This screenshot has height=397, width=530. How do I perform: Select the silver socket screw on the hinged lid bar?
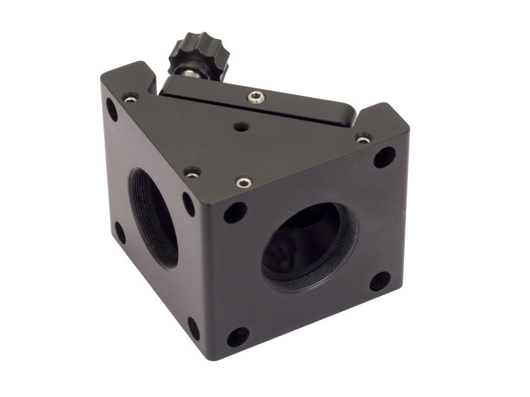(256, 99)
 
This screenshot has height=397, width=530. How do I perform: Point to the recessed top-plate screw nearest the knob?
(131, 98)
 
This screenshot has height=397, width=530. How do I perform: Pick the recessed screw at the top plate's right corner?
(362, 139)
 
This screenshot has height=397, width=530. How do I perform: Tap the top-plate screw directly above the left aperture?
(191, 173)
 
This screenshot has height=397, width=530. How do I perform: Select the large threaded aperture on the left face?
(153, 217)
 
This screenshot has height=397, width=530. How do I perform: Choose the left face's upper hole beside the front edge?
(189, 204)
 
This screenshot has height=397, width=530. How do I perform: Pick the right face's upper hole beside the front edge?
(235, 212)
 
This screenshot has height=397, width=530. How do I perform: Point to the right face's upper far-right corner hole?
(384, 157)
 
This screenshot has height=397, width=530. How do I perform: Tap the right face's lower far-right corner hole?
(380, 281)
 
